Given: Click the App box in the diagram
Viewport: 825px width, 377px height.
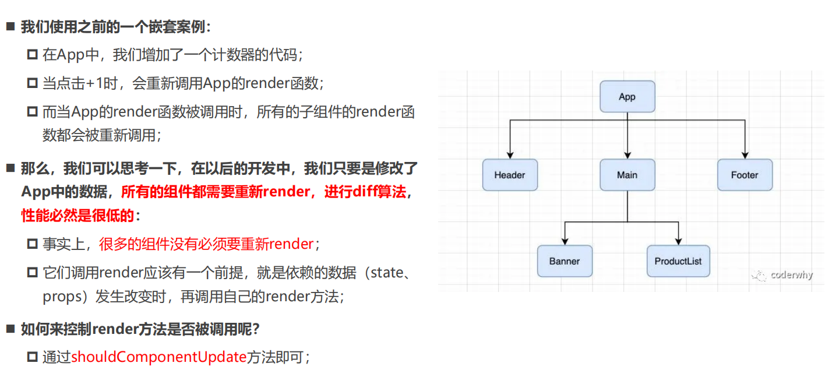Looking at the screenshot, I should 627,97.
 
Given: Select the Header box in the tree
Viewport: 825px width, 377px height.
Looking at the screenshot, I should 510,175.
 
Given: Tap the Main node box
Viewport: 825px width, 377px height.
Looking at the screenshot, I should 627,175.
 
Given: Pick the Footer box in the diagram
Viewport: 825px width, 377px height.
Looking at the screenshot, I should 744,175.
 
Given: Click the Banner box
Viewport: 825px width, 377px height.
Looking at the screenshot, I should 565,261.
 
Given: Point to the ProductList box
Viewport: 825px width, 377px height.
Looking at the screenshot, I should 678,261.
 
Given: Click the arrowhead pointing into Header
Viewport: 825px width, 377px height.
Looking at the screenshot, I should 510,155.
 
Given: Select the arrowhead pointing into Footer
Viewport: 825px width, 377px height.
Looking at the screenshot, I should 744,155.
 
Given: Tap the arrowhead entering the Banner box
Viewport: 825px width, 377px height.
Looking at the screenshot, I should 565,241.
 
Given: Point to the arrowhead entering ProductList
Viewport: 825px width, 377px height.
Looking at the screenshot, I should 678,241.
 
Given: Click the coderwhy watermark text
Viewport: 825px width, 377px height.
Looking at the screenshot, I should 791,275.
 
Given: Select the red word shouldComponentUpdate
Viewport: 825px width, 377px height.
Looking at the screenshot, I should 158,357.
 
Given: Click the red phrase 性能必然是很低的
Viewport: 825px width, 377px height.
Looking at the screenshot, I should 78,216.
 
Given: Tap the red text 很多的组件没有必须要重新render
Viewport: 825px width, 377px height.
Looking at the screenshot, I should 206,244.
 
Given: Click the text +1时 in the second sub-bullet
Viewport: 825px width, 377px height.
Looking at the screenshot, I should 108,83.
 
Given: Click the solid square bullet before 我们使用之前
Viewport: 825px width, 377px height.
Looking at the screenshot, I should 10,27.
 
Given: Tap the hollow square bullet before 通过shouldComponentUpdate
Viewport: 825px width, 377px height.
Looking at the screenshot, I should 32,357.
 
